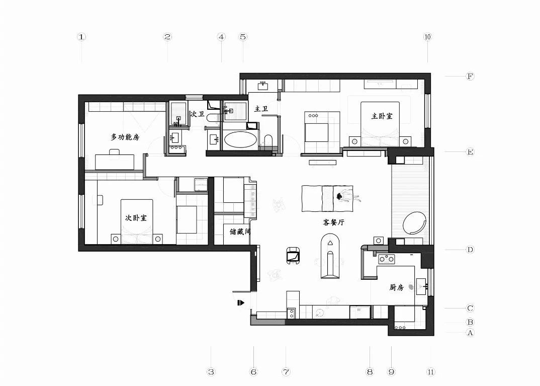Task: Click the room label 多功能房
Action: tap(125, 137)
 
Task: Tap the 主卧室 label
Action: tap(382, 116)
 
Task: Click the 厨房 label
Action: tap(397, 288)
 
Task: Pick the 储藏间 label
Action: tap(240, 232)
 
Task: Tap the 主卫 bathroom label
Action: tap(261, 108)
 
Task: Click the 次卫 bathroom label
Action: tap(198, 115)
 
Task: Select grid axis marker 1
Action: tap(82, 37)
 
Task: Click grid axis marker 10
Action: tap(428, 37)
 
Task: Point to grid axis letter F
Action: tap(470, 76)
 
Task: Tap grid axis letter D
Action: tap(470, 250)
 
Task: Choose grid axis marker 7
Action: tap(286, 372)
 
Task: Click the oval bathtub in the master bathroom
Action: tap(240, 139)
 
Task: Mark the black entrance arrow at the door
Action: tap(241, 302)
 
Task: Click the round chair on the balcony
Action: tap(415, 222)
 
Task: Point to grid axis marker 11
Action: tap(430, 372)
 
